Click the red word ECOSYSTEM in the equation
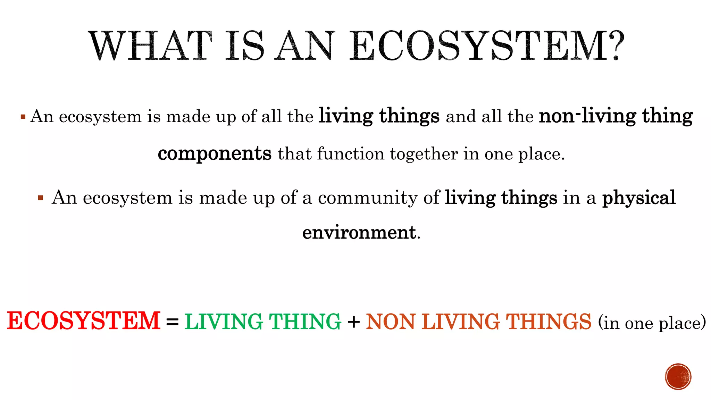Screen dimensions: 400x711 (84, 321)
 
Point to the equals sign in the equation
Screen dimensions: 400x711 (172, 322)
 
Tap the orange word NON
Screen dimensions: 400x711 (390, 322)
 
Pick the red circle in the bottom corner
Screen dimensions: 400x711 (678, 377)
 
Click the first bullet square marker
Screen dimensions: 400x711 (23, 117)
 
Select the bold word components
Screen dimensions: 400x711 (215, 154)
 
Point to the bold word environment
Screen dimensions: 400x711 (359, 232)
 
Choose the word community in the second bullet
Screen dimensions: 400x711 (367, 198)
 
